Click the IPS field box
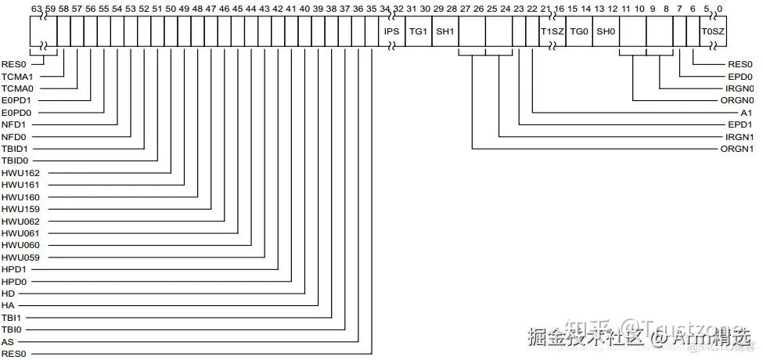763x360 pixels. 392,31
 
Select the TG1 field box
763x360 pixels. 418,31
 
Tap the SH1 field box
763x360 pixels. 444,31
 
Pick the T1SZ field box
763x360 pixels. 552,31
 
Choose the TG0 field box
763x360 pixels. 578,31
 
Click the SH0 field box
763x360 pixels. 606,31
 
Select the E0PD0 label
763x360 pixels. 15,113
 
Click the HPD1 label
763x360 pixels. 13,269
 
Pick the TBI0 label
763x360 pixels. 11,329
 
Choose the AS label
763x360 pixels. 7,342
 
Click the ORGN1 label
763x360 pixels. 737,149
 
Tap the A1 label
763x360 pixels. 747,113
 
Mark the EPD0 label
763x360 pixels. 740,77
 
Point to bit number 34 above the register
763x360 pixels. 385,9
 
